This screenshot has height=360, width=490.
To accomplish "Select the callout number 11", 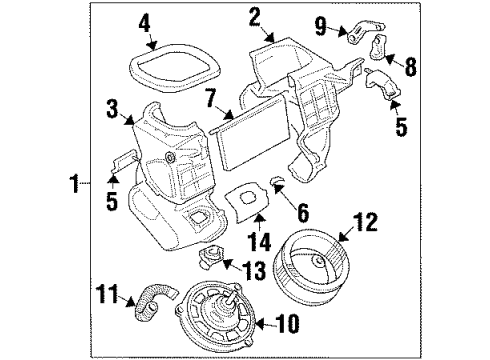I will [x=130, y=294].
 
